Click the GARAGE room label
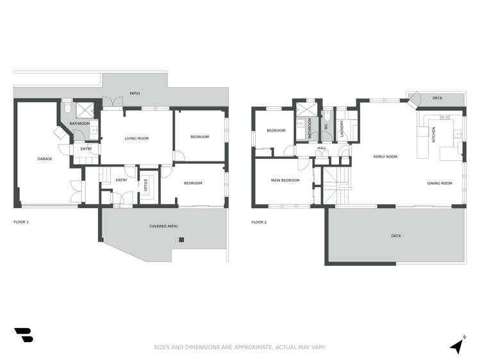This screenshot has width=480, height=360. tap(44, 159)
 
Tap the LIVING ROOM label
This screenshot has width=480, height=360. tap(137, 138)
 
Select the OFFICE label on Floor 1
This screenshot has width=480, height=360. tap(145, 185)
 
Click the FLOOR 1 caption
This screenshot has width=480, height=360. tap(21, 222)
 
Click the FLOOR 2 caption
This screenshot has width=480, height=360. tap(259, 222)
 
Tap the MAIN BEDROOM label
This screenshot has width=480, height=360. tap(285, 180)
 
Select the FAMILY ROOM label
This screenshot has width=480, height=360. tap(385, 156)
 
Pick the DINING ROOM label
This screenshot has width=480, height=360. tap(440, 183)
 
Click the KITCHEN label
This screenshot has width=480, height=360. tap(433, 135)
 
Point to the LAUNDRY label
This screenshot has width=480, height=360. tap(342, 127)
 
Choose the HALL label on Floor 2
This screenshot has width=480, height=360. tap(321, 148)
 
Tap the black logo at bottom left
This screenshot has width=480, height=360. tap(24, 334)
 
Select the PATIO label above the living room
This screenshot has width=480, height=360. tap(135, 94)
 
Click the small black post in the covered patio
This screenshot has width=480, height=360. tap(181, 240)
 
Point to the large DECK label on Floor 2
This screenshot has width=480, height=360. tap(396, 236)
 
